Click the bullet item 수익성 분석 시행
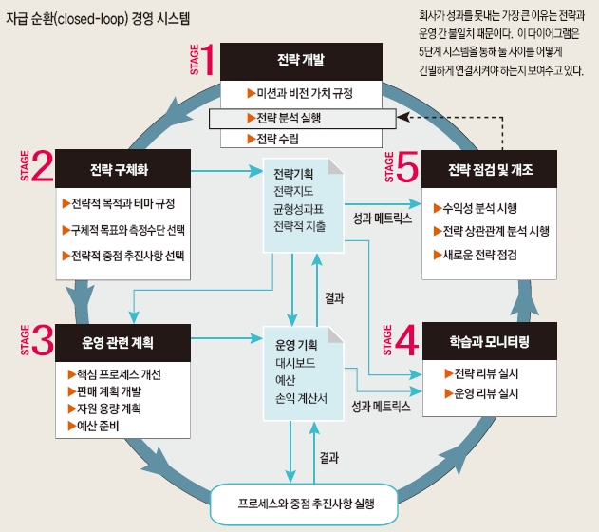click(x=479, y=206)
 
